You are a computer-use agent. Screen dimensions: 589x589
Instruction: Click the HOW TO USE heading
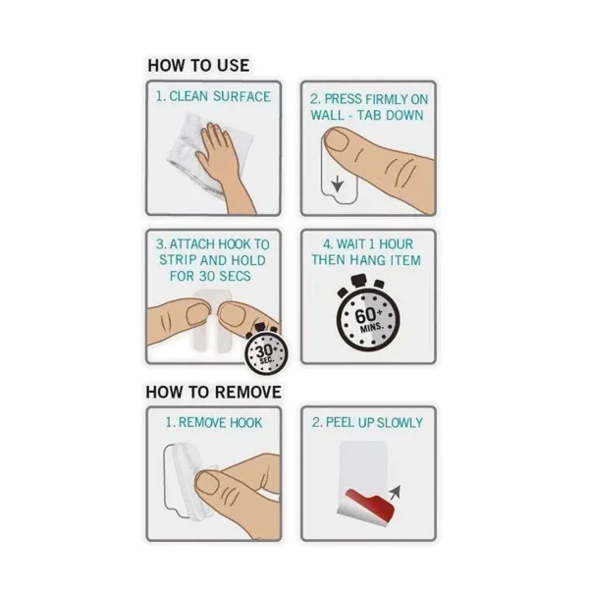[x=198, y=66]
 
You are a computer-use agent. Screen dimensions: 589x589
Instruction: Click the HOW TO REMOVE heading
[x=213, y=392]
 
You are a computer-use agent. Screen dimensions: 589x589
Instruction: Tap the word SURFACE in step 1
[x=241, y=96]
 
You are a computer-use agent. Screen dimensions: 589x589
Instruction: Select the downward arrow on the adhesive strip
[x=338, y=185]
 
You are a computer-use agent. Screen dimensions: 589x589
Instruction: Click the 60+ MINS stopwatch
[x=367, y=313]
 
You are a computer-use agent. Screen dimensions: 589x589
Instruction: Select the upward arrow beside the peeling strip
[x=396, y=492]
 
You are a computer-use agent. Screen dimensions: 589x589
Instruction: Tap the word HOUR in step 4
[x=396, y=244]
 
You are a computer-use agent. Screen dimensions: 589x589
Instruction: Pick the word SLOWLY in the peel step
[x=400, y=422]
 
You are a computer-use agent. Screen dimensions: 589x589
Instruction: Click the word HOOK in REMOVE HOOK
[x=245, y=422]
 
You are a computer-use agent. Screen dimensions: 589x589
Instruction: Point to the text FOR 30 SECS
[x=210, y=276]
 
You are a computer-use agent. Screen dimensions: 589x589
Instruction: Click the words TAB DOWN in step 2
[x=390, y=115]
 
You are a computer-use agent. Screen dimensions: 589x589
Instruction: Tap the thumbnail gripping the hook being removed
[x=208, y=483]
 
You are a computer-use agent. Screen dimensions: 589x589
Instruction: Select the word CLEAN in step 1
[x=188, y=96]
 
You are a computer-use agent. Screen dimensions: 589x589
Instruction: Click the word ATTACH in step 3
[x=191, y=244]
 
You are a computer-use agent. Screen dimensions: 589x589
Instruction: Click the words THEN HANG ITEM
[x=366, y=260]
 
